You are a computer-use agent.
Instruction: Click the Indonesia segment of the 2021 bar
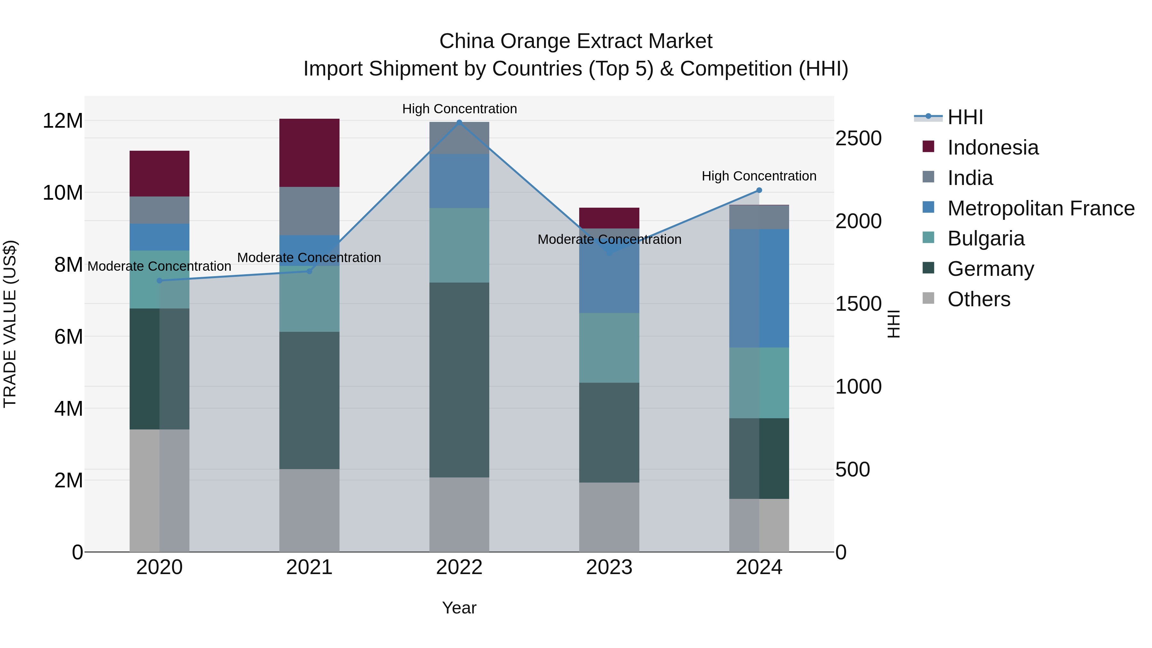point(309,153)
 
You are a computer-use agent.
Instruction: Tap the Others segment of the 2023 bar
point(609,517)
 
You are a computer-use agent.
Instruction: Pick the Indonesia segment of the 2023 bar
point(609,218)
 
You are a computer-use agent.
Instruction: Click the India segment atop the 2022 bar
point(459,138)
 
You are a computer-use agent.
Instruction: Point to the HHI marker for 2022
point(459,122)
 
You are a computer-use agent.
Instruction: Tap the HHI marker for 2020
point(160,280)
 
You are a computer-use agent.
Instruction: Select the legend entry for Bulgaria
point(985,238)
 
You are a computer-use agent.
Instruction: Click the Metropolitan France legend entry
point(1040,208)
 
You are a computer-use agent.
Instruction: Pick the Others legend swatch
point(928,298)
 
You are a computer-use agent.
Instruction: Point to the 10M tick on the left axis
point(63,193)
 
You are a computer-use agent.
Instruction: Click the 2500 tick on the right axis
point(858,138)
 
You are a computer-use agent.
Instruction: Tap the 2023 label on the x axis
point(609,567)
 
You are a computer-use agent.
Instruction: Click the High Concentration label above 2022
point(459,109)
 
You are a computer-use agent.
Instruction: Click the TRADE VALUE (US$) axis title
point(10,324)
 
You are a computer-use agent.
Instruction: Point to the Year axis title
point(459,608)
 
